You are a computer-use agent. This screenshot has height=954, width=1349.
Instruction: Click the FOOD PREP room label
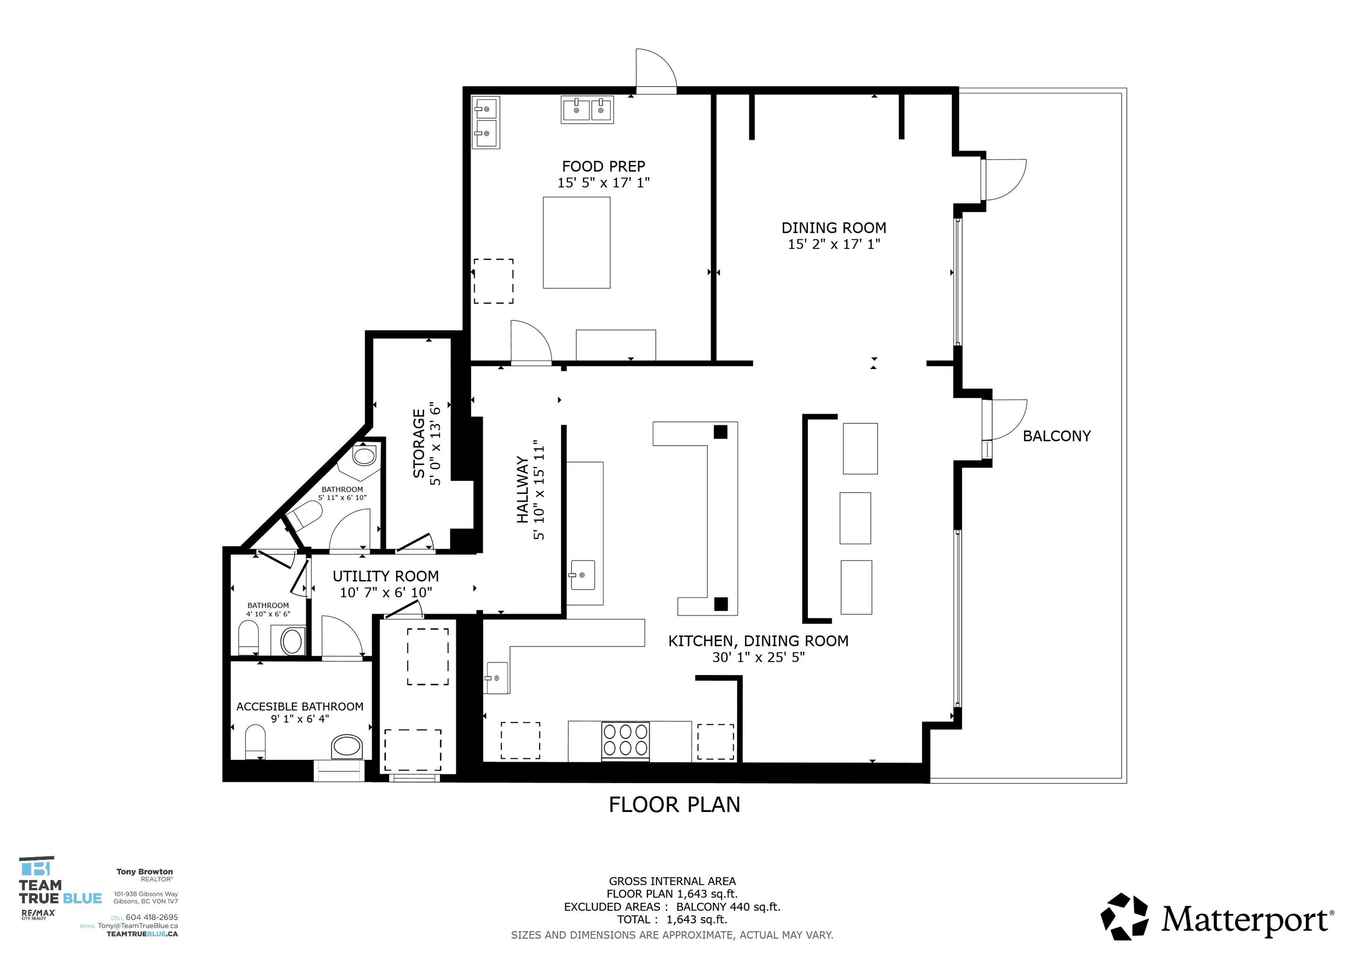click(604, 167)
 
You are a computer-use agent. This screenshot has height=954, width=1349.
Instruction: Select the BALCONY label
click(1056, 436)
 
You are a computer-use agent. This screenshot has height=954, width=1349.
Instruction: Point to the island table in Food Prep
click(576, 243)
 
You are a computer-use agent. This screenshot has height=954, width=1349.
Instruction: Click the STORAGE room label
click(419, 444)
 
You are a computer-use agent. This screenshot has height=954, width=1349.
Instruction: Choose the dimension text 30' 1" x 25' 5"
click(758, 657)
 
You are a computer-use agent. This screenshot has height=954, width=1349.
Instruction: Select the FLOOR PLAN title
click(674, 805)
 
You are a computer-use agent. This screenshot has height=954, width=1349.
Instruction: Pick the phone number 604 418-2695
click(151, 917)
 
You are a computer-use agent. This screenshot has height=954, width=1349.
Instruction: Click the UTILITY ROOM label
click(385, 576)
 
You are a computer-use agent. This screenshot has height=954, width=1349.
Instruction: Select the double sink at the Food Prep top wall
click(587, 109)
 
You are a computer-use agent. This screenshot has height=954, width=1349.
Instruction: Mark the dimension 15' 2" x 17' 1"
click(834, 244)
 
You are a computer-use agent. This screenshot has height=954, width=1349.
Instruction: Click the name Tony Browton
click(144, 872)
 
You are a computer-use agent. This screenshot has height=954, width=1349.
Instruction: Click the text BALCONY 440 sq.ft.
click(728, 907)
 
